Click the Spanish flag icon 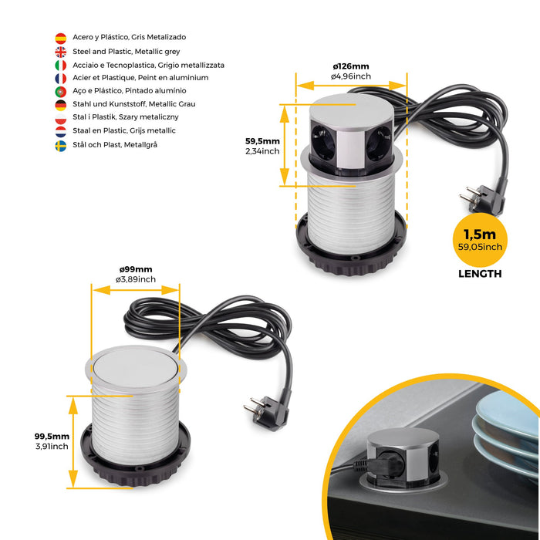tap(60, 38)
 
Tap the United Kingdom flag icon tap(60, 52)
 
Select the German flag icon tap(60, 105)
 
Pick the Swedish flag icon tap(60, 146)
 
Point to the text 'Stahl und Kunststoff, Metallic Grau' tap(133, 104)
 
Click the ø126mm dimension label tap(350, 66)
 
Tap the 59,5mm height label tap(262, 141)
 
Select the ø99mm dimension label tap(135, 268)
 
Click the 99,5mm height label tap(52, 436)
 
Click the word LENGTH tap(480, 274)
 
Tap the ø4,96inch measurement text tap(351, 76)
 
